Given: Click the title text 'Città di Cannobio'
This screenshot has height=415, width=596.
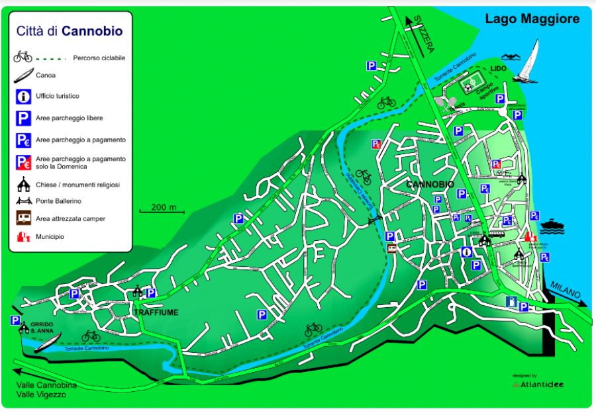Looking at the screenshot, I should coord(70,30).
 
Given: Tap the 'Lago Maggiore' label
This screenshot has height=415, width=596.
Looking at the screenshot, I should coord(532,19).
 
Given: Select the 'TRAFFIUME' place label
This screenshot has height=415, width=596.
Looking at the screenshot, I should coord(156,312).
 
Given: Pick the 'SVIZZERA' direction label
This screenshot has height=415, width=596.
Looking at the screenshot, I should coord(422,36).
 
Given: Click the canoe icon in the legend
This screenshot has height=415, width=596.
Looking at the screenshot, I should coord(23,75).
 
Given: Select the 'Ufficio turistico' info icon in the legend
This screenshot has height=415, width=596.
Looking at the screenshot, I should coord(23,97).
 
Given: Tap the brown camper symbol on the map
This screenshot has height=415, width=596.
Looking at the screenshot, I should coord(393,248).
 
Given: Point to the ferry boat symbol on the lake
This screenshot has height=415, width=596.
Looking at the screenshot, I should coord(551,227).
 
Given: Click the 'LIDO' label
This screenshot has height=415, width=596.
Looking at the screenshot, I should coord(498,68).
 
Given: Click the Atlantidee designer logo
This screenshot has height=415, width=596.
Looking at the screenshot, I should coord(538,384).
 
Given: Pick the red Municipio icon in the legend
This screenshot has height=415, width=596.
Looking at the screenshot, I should coord(23,236).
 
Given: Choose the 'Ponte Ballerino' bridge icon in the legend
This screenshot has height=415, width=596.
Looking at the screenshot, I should coord(23,201).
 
